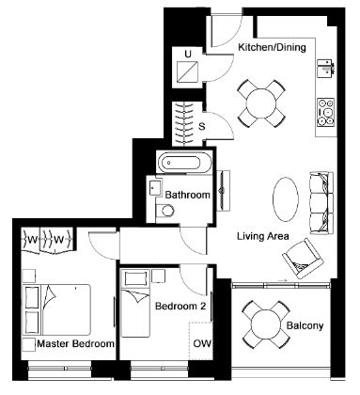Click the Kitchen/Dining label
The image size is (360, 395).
click(x=272, y=48)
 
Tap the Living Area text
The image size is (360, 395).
click(x=263, y=236)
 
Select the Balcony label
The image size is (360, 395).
click(x=305, y=325)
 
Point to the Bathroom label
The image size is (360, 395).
click(x=187, y=195)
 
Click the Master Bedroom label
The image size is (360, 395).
click(x=75, y=343)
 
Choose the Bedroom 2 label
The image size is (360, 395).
click(x=180, y=306)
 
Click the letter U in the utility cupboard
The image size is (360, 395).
click(x=188, y=55)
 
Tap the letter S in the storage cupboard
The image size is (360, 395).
click(x=202, y=127)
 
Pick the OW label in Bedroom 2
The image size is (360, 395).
click(x=202, y=343)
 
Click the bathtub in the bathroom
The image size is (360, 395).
click(x=184, y=163)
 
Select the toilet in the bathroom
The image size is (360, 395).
click(x=164, y=211)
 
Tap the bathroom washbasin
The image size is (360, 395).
click(x=155, y=187)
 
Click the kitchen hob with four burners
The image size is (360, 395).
click(x=326, y=112)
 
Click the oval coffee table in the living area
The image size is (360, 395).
click(x=286, y=199)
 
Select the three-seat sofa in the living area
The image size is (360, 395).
click(x=321, y=202)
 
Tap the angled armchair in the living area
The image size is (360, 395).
click(x=303, y=259)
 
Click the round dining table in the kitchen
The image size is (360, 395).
click(x=261, y=103)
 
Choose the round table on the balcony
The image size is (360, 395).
click(x=267, y=324)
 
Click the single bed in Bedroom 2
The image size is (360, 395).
click(x=135, y=303)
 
